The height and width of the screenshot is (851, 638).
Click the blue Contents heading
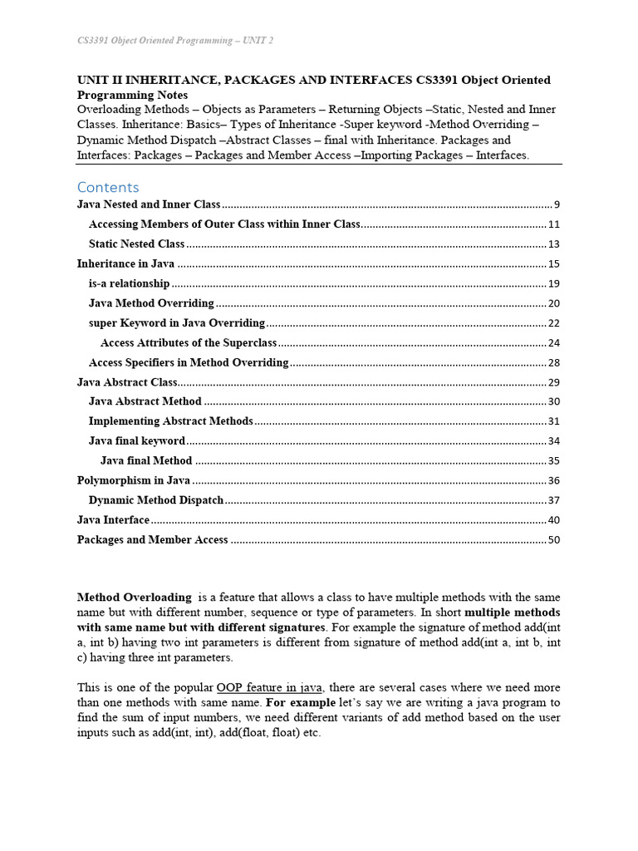[108, 187]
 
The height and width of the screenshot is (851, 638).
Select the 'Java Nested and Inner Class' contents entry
[149, 204]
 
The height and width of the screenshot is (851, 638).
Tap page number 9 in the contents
[557, 204]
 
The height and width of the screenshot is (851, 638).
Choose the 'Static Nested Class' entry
[136, 244]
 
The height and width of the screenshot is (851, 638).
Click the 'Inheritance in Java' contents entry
[125, 264]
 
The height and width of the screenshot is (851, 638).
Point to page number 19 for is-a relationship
[553, 283]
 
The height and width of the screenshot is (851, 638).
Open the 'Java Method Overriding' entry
[151, 303]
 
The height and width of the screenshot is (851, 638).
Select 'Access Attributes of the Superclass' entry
[188, 343]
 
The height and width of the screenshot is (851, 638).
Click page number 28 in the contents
[553, 363]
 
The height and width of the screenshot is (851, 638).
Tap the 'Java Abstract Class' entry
[127, 382]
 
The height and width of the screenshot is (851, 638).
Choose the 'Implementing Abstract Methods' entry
[171, 421]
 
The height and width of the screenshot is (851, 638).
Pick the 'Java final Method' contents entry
[146, 460]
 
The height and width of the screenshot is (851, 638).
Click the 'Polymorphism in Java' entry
[134, 480]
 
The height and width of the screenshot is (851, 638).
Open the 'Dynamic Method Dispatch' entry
[156, 500]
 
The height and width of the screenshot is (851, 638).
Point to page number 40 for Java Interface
[553, 520]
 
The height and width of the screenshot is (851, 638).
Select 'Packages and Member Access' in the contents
[152, 540]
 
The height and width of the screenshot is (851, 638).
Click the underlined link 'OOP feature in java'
[269, 688]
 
